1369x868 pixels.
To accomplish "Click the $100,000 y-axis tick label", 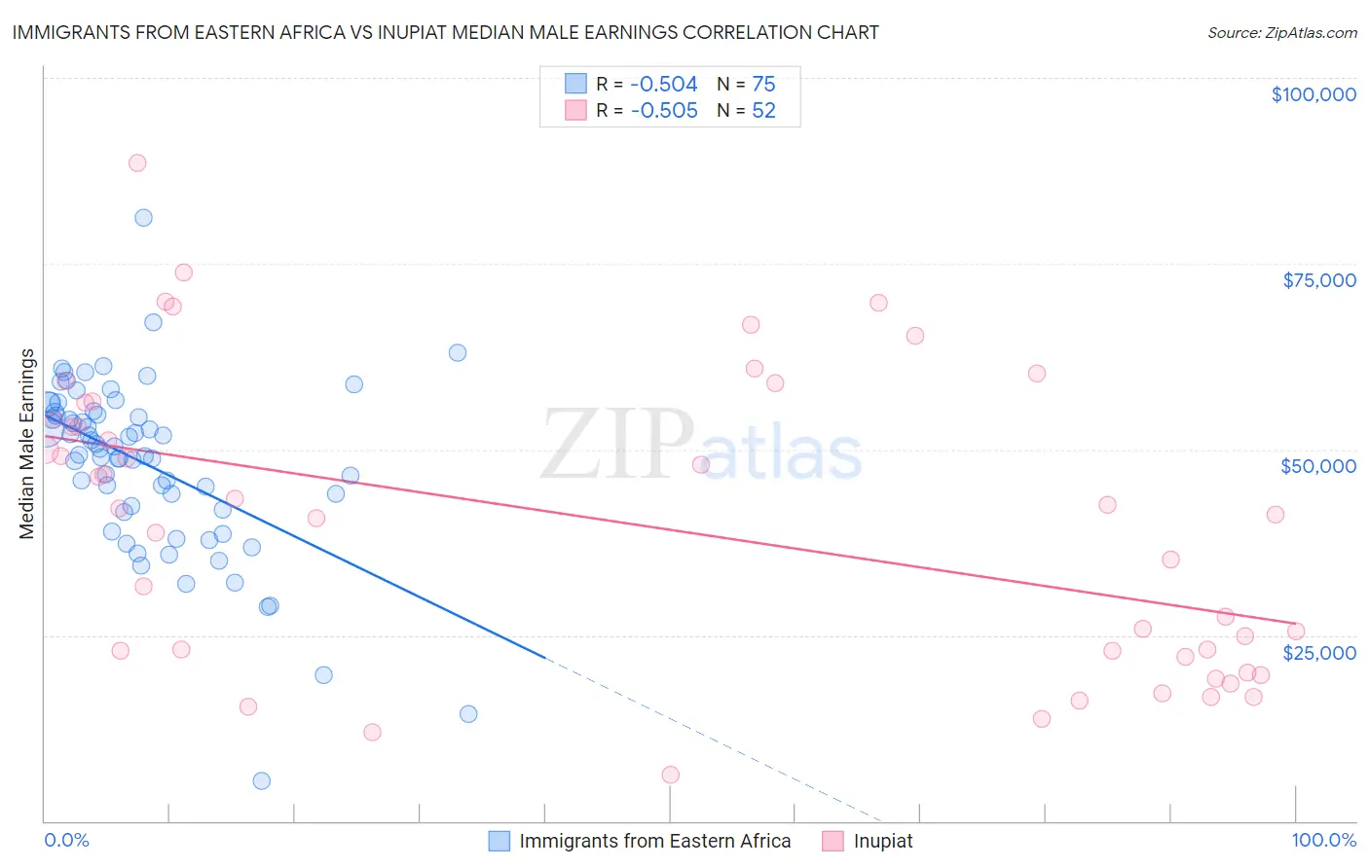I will (1313, 94).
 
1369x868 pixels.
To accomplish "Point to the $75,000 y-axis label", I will (1318, 280).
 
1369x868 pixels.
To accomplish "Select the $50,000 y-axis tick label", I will (1317, 466).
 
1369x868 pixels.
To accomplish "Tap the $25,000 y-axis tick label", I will (1318, 652).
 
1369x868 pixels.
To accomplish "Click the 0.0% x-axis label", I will (66, 840).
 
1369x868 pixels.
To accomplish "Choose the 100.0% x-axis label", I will (1323, 840).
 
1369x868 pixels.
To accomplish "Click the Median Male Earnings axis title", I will (27, 443).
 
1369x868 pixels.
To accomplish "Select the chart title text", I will (445, 32).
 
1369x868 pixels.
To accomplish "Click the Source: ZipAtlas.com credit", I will (1281, 33).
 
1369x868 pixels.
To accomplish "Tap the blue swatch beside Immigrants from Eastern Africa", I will (499, 841).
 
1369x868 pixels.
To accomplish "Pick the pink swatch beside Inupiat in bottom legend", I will (832, 841).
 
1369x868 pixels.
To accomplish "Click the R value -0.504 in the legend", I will (664, 84).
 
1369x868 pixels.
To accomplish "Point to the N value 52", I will (763, 111).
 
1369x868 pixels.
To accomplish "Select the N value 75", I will (763, 84).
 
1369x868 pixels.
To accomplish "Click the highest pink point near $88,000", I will (137, 163).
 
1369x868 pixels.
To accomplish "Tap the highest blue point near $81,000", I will (143, 218).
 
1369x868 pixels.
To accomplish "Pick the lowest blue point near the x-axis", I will (261, 780).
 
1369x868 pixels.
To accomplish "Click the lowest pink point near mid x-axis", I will (670, 775).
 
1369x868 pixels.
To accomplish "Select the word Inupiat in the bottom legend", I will (883, 841).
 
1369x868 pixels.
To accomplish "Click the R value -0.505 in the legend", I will (664, 111).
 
